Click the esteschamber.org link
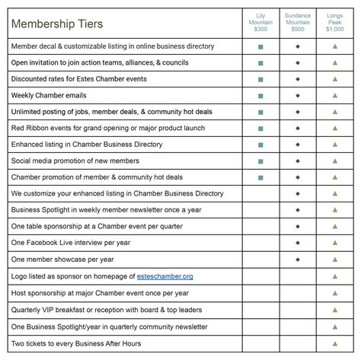[165, 276]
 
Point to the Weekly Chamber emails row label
[49, 95]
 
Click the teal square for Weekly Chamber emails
[260, 95]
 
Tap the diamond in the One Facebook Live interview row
[298, 243]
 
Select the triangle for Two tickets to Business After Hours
[335, 342]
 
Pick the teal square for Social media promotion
[260, 161]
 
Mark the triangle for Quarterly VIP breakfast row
[335, 309]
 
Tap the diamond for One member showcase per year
[298, 260]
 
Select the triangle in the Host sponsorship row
[335, 292]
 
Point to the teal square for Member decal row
[260, 46]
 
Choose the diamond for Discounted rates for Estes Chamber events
[298, 79]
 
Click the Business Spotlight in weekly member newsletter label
[107, 210]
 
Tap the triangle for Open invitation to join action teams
[335, 62]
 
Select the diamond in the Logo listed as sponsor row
[298, 276]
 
